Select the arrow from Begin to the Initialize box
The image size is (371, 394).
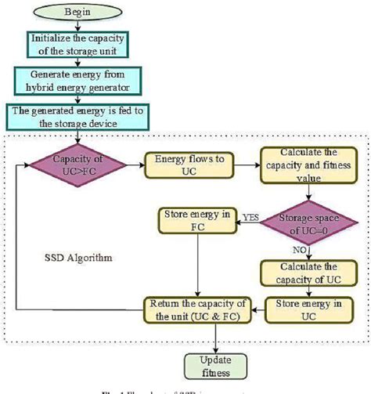pyautogui.click(x=76, y=28)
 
